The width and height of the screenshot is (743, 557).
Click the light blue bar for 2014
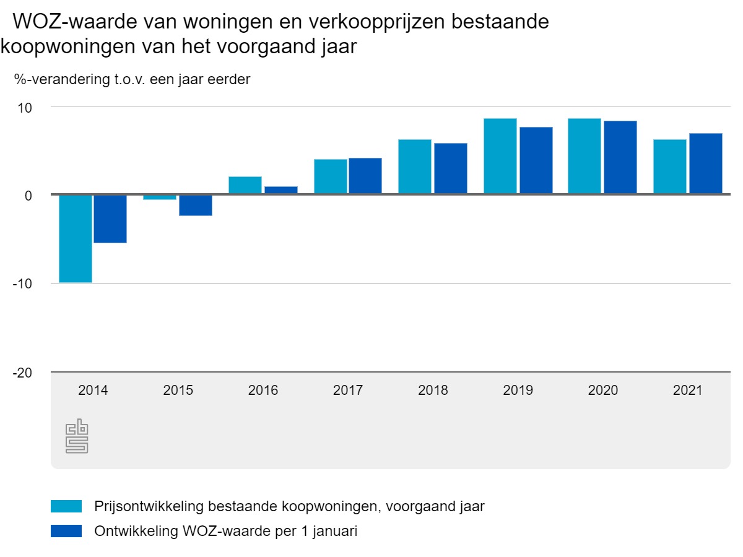[76, 238]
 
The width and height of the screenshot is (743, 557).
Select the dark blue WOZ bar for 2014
[110, 218]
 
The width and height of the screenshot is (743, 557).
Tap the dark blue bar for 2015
[196, 205]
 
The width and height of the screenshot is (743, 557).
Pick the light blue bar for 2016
[245, 186]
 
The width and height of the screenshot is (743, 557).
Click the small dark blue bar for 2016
[281, 190]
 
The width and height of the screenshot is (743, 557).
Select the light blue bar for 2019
[500, 156]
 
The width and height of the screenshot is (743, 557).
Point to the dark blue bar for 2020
[620, 157]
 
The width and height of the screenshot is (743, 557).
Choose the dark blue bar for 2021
[706, 163]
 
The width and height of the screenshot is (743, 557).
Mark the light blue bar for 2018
[415, 166]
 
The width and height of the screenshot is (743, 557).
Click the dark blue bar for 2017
[365, 176]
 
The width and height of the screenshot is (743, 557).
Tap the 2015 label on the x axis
[178, 391]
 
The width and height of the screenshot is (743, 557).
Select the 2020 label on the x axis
[603, 391]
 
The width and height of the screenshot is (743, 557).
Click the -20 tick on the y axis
[22, 373]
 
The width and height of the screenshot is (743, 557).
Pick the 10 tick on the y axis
[24, 107]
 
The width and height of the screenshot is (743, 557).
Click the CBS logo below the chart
[77, 438]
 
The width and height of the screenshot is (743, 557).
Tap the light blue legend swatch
[66, 506]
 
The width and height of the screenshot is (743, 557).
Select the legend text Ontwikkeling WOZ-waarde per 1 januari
[226, 531]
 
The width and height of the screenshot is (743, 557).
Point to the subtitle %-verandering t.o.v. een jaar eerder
[132, 79]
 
